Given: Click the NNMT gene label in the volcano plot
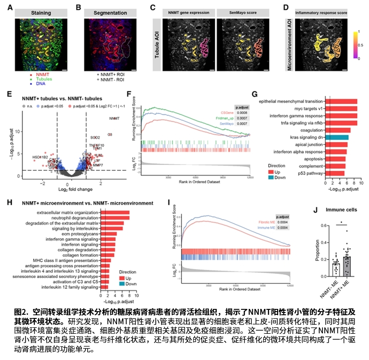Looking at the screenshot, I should (115, 119).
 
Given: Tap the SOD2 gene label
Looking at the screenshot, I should (95, 137).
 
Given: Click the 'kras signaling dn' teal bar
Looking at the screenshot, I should (337, 137).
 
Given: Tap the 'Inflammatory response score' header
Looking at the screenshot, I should (321, 13).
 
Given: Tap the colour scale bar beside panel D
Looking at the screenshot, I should (356, 45).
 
